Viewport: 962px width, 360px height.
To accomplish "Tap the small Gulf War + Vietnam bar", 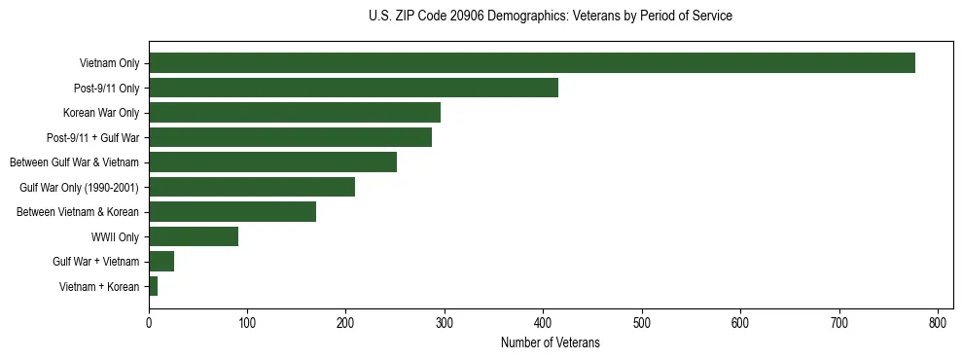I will tap(161, 261).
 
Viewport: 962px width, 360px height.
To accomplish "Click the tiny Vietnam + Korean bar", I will tap(153, 286).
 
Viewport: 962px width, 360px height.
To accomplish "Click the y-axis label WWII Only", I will tap(115, 236).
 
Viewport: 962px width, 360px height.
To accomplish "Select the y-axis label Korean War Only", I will tap(101, 113).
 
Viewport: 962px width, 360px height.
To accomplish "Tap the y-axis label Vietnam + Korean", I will tap(99, 286).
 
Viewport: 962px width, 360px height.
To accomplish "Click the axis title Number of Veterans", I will tap(551, 342).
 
